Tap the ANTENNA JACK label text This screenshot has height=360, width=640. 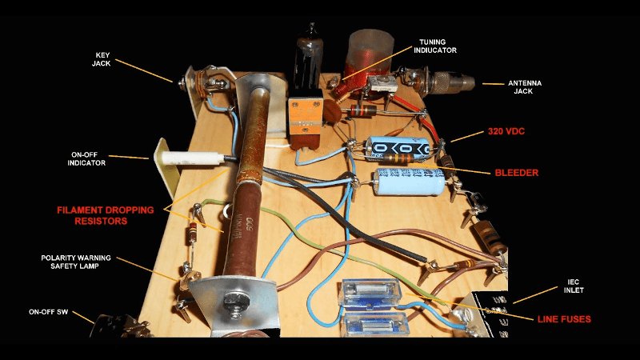(525, 87)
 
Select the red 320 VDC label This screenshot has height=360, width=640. (506, 131)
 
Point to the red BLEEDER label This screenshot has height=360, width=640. (516, 173)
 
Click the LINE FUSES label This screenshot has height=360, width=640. (564, 319)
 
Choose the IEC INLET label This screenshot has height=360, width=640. (574, 286)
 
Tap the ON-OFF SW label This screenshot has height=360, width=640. (48, 312)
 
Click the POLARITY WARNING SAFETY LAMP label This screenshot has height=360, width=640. (76, 262)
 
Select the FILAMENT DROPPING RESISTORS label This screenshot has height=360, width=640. (106, 215)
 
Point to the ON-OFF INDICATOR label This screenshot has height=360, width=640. (86, 158)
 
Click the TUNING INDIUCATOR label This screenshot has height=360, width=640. (435, 46)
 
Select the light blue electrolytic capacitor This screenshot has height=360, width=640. (410, 182)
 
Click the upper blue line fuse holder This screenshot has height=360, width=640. (370, 294)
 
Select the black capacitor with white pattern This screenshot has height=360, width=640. (398, 147)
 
